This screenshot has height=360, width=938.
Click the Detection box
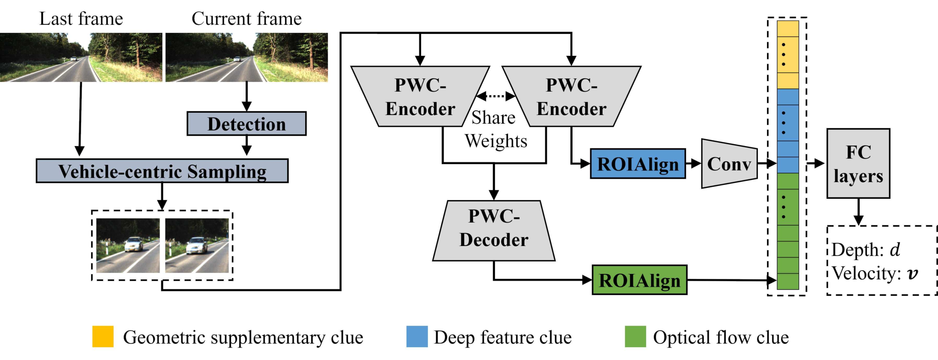[247, 124]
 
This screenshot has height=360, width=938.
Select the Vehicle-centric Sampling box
[162, 171]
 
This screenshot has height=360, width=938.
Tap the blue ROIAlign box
[638, 164]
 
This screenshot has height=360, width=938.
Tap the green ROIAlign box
[640, 279]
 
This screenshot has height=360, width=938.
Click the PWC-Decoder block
[494, 230]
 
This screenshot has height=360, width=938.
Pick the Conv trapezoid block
[729, 164]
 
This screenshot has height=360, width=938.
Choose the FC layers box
[858, 164]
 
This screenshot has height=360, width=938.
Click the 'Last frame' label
[81, 19]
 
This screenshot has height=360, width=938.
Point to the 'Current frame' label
[247, 19]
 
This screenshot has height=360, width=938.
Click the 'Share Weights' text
[495, 130]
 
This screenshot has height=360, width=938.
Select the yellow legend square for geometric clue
[103, 337]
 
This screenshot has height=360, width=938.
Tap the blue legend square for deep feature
[417, 337]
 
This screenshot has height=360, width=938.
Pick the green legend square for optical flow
[636, 337]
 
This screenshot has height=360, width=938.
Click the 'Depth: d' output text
[866, 250]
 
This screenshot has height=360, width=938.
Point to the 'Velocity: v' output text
[875, 273]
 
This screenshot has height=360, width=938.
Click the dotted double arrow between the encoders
[496, 96]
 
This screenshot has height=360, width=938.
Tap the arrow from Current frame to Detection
[247, 97]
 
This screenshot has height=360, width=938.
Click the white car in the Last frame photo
[73, 59]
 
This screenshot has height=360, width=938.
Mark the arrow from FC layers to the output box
[858, 212]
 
